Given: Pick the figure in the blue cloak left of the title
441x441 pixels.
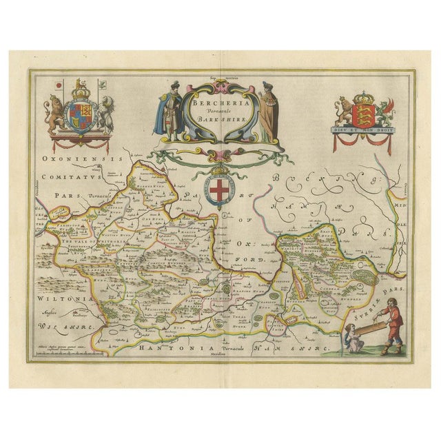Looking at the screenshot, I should click(163, 110).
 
